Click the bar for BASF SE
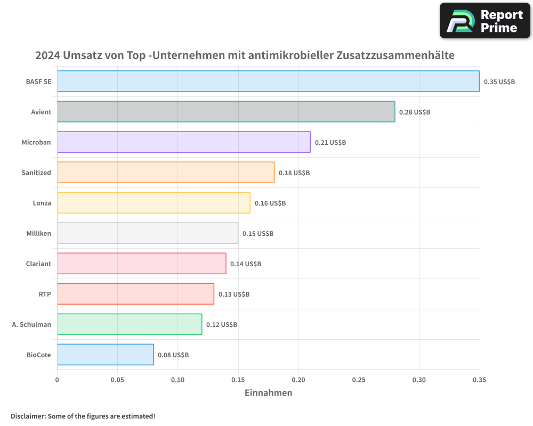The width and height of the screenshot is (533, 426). click(x=268, y=81)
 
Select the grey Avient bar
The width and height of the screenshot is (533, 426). click(x=226, y=112)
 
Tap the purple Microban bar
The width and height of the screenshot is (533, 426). click(x=184, y=142)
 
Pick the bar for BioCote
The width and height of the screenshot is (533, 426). click(x=105, y=355)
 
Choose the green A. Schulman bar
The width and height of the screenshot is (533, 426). click(x=130, y=324)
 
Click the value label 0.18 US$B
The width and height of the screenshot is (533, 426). click(x=294, y=173)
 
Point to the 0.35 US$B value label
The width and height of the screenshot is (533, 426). click(x=499, y=82)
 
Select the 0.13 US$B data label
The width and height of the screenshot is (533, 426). click(x=234, y=294)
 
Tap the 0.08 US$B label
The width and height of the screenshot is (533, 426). click(x=173, y=355)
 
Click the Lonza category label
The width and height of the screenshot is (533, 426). click(x=42, y=203)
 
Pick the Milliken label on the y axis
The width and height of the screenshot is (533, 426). click(x=39, y=233)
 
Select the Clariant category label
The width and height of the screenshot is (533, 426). click(x=38, y=264)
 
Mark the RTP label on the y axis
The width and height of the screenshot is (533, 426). click(x=45, y=294)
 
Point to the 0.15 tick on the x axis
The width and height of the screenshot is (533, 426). click(x=238, y=380)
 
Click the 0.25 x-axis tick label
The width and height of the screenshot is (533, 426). click(x=359, y=380)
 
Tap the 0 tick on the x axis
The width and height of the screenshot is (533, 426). click(x=57, y=380)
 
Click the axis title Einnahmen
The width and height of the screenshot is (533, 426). click(x=268, y=393)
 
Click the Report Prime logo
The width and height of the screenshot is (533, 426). click(x=485, y=21)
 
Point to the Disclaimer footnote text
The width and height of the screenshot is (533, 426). click(x=83, y=416)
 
